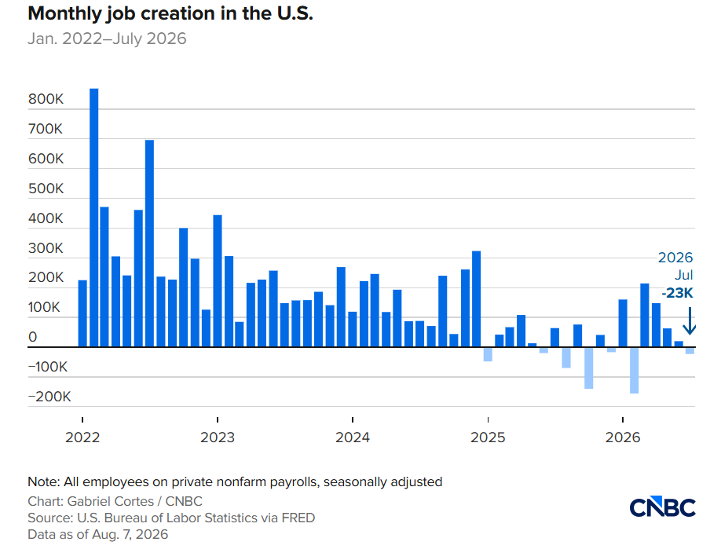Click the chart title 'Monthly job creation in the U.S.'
click(x=170, y=14)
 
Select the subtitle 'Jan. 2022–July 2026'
click(x=107, y=39)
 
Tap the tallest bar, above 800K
click(x=93, y=218)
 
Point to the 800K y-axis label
click(x=46, y=99)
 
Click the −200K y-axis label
click(x=49, y=397)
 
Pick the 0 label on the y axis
click(x=33, y=337)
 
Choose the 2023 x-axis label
click(x=218, y=437)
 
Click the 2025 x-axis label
click(x=488, y=437)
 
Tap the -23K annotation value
click(x=677, y=293)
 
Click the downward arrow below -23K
click(x=690, y=320)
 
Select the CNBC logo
click(x=662, y=507)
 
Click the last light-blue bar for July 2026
click(x=690, y=350)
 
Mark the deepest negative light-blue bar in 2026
click(x=634, y=370)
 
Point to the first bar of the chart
click(x=82, y=313)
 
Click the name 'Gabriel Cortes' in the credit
click(x=111, y=501)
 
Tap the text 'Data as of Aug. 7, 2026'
click(x=98, y=535)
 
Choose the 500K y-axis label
click(x=46, y=188)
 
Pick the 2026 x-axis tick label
click(x=623, y=437)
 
